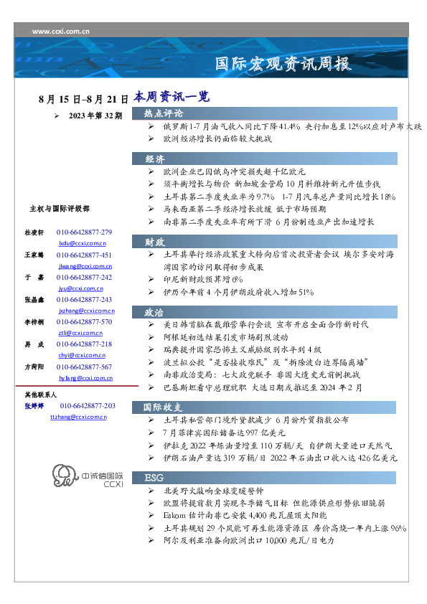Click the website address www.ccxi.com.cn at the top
[61, 32]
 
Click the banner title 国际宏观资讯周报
[284, 65]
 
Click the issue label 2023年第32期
[95, 115]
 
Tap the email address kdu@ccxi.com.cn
[82, 244]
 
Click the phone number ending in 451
[84, 255]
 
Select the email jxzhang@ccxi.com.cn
[87, 311]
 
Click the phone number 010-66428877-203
[86, 406]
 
